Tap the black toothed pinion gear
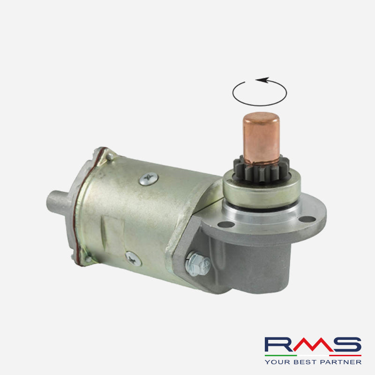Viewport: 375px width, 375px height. coord(261,169)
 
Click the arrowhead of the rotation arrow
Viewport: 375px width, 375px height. coord(262,80)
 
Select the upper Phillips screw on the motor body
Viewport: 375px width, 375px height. coord(149,179)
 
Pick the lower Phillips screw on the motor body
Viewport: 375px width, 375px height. coord(133,259)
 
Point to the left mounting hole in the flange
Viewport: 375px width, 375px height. coord(226,225)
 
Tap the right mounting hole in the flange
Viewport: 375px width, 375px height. coord(307,219)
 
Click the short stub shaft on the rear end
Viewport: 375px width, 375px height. coord(57,202)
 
